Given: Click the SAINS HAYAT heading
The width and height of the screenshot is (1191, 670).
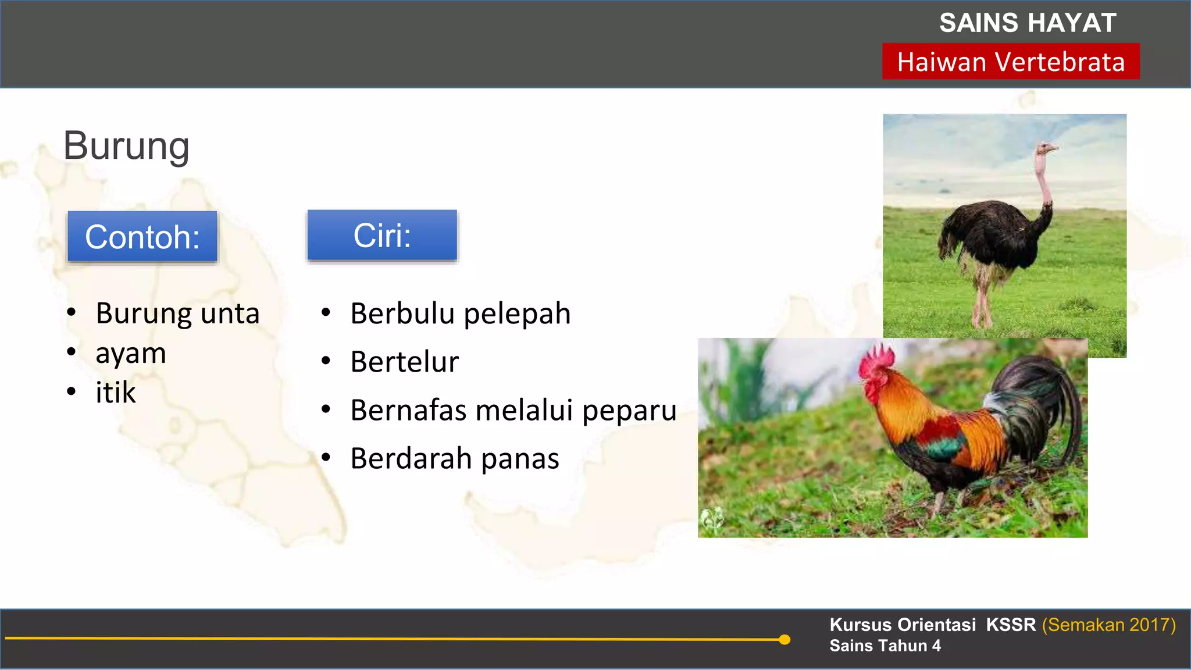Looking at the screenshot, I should [x=1027, y=23].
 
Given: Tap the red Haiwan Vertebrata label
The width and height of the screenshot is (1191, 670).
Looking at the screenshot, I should [x=1011, y=62].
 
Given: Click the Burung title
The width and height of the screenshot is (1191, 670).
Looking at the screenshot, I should [x=126, y=145].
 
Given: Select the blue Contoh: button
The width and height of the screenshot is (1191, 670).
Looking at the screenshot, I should [x=142, y=237].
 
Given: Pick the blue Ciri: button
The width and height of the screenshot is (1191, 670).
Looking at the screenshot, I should [x=382, y=236].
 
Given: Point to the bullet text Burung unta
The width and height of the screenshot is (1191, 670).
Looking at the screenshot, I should [x=177, y=313].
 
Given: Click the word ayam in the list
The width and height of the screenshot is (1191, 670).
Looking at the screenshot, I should [x=131, y=354].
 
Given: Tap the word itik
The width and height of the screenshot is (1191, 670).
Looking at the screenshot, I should [x=115, y=393].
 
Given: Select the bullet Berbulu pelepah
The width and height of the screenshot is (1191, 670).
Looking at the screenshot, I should [x=460, y=313].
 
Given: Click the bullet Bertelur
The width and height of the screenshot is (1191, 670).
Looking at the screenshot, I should [x=405, y=362].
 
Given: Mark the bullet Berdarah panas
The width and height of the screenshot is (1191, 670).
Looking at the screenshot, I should [x=455, y=458].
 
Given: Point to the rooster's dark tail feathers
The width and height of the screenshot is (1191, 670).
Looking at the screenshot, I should [x=1041, y=407].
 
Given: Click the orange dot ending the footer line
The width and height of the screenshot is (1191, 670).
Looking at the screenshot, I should [x=785, y=640].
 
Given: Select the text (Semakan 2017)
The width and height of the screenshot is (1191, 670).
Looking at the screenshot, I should [x=1108, y=625].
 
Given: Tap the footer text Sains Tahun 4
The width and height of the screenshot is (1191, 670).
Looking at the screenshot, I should [x=885, y=646].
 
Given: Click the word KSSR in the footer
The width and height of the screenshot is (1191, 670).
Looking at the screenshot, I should [x=1011, y=625].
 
